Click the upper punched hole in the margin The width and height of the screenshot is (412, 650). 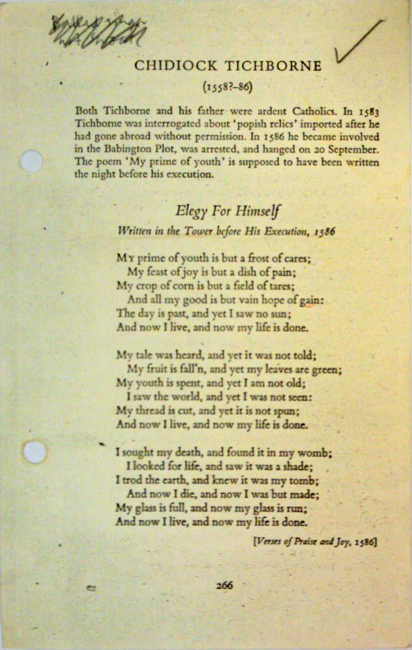pos(31,161)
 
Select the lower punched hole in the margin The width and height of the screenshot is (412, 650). pos(35,451)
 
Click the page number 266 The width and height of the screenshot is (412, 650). pos(224,585)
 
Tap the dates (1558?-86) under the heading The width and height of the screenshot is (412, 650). pos(227,86)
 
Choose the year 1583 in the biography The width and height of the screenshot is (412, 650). pos(369,110)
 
